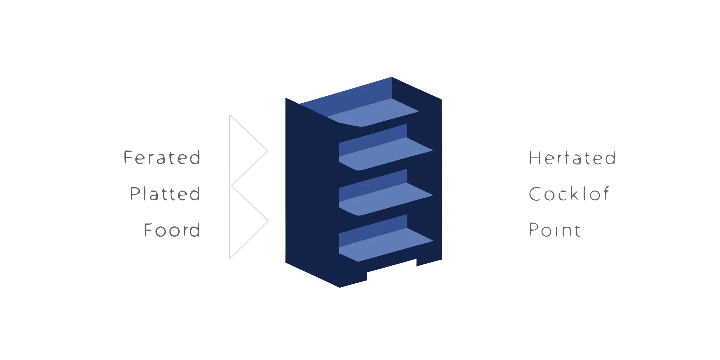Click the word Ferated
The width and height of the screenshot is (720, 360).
click(162, 157)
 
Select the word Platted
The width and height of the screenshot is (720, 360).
click(165, 194)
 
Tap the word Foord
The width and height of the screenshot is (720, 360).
click(172, 230)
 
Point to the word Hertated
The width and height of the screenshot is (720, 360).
click(572, 158)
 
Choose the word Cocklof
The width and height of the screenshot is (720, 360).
click(569, 194)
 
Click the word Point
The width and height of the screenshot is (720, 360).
click(555, 230)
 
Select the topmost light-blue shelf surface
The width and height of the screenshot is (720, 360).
click(373, 112)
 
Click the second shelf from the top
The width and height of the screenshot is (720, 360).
click(386, 154)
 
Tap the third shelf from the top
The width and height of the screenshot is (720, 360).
click(386, 199)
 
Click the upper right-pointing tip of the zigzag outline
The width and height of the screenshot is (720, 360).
click(268, 152)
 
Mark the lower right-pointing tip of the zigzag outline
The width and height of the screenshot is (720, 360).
click(268, 221)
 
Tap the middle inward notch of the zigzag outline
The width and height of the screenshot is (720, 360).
click(231, 185)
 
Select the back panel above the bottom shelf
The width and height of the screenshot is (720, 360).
click(373, 229)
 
